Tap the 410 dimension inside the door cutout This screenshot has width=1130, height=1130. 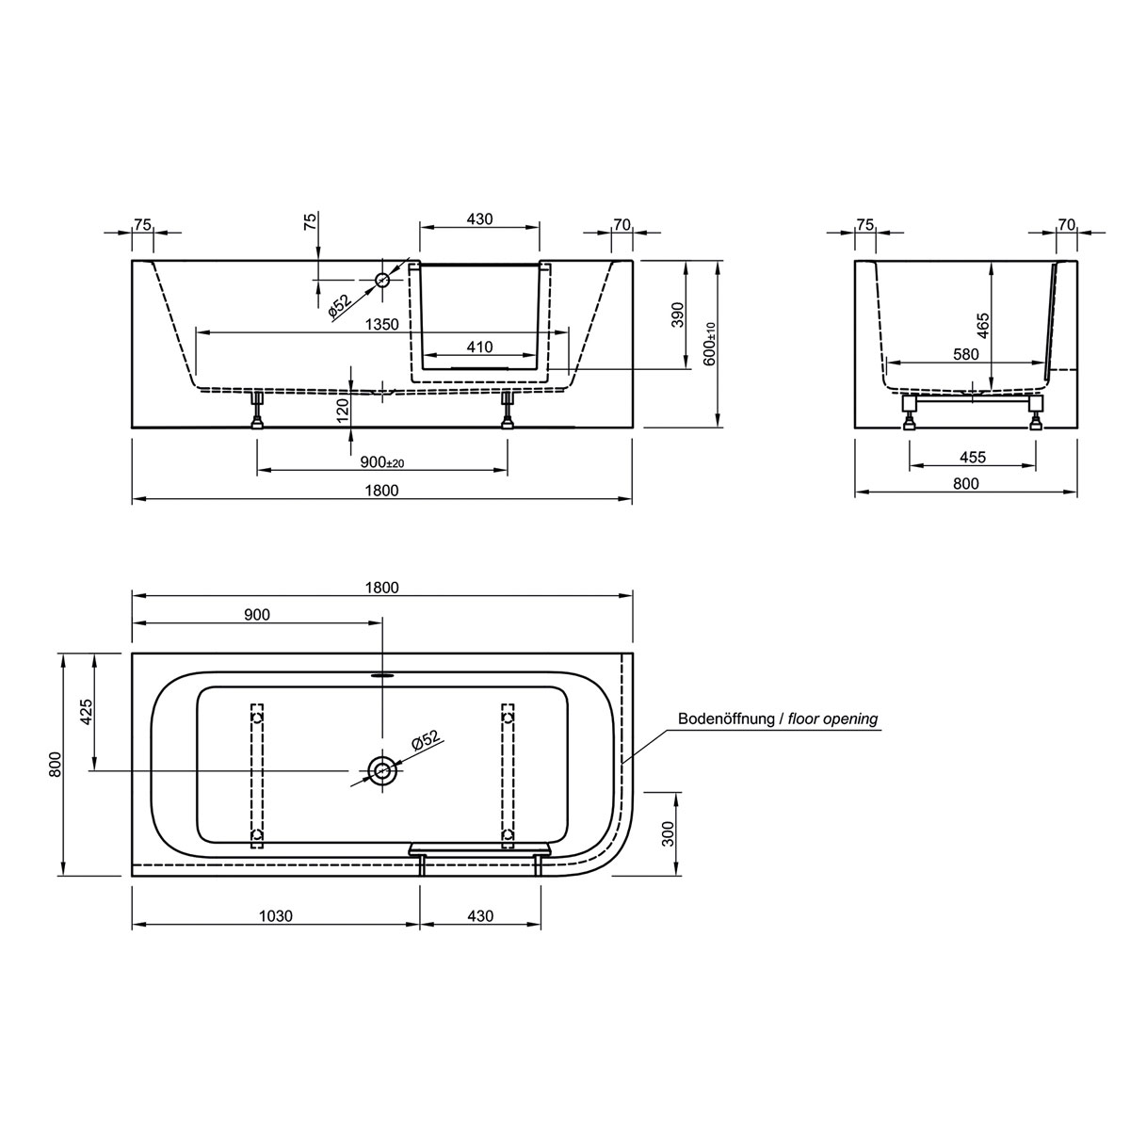tap(480, 347)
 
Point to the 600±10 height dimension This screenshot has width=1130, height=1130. tap(709, 345)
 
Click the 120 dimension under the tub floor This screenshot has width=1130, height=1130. tap(343, 407)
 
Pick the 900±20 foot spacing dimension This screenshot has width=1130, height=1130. tap(382, 461)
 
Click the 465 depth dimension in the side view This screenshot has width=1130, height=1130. tap(982, 325)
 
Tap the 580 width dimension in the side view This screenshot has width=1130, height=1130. tap(965, 354)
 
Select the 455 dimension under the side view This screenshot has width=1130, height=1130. tap(972, 458)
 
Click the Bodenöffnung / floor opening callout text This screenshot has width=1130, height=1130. tap(778, 718)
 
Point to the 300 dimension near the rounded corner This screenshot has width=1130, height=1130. tap(668, 833)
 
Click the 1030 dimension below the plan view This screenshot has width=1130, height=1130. tap(275, 915)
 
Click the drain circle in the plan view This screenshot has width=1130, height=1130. tap(382, 770)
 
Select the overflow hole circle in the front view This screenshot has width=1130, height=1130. tap(382, 280)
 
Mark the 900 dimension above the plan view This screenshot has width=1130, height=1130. tap(256, 615)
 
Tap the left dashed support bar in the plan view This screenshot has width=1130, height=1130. tap(257, 778)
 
